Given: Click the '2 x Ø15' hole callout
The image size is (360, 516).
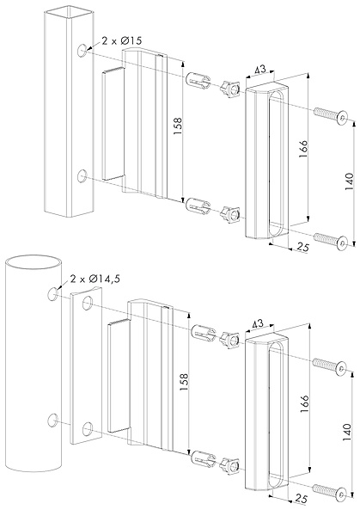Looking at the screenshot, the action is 122,40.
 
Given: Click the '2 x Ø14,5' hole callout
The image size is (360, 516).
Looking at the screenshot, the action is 95,279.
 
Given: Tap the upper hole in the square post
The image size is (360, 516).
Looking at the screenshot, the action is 82,51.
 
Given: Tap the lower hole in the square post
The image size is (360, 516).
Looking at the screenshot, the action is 82,176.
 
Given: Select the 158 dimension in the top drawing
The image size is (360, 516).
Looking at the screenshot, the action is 178,126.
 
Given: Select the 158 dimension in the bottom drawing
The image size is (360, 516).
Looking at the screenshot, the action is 185,382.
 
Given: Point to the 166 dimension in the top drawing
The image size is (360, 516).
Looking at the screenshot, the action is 303,149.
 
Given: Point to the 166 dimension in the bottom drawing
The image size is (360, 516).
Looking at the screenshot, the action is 304,403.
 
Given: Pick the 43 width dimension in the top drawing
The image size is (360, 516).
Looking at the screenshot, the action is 260,70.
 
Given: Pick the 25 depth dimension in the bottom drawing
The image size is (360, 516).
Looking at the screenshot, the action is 302,498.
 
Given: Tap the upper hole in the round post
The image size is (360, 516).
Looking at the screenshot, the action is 52,293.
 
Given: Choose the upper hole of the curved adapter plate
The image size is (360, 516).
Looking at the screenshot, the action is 87,303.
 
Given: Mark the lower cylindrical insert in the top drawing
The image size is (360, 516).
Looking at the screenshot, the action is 198,205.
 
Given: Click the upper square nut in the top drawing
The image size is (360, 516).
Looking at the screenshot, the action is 231,89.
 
